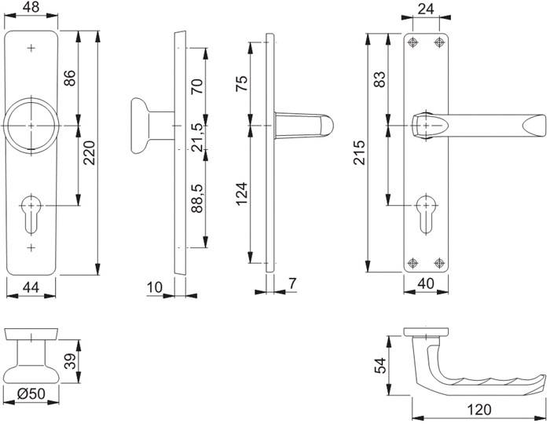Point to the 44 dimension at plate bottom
click(31, 289)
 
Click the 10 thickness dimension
click(155, 289)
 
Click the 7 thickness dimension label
click(291, 282)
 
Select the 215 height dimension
click(361, 150)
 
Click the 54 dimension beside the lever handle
click(380, 364)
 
